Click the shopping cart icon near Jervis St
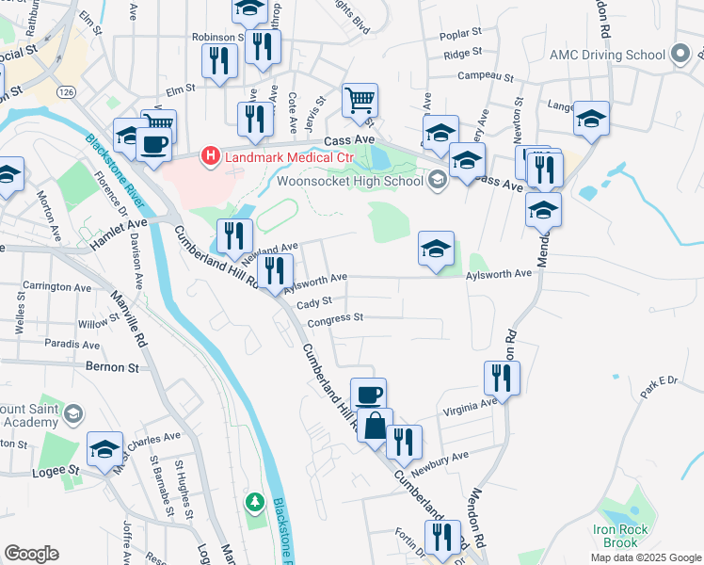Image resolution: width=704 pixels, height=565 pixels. click(x=360, y=100)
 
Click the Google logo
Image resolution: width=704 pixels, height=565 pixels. click(x=31, y=554)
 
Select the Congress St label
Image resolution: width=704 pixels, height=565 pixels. click(x=335, y=318)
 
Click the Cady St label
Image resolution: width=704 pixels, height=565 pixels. click(x=314, y=302)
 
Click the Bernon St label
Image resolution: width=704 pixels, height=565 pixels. click(x=111, y=365)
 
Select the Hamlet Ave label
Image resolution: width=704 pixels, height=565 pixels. click(x=119, y=226)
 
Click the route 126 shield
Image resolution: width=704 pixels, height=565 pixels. click(x=65, y=92)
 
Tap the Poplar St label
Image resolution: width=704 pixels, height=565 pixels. click(x=462, y=38)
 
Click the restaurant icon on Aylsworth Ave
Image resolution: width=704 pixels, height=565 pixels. click(x=275, y=271)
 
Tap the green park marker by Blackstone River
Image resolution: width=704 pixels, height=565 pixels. click(x=253, y=504)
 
